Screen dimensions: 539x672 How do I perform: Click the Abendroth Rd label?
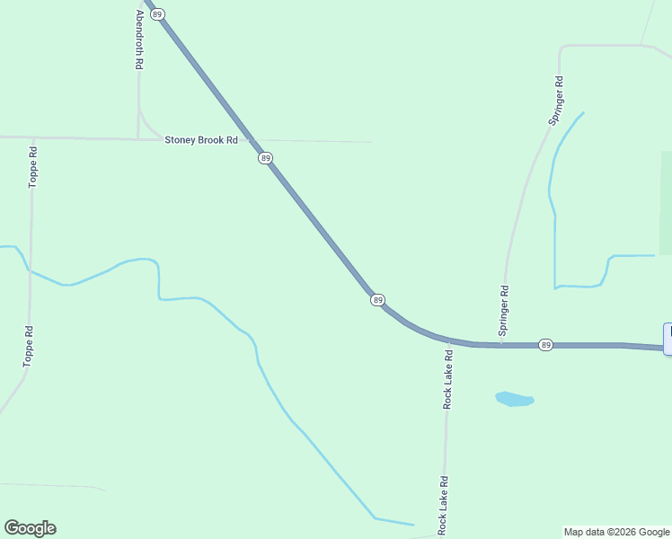point(139,40)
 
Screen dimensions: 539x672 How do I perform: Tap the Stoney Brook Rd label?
point(200,140)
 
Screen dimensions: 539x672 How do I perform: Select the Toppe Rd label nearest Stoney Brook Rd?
point(33,166)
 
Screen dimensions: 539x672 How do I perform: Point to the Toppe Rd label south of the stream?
point(29,346)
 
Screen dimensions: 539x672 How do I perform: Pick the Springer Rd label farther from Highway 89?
point(557,100)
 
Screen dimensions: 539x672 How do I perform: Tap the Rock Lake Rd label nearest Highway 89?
point(447,379)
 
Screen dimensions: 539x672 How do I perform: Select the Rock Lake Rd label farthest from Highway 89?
point(442,506)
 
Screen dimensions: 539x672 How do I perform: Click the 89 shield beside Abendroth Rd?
point(158,14)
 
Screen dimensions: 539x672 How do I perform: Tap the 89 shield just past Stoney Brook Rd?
point(265,158)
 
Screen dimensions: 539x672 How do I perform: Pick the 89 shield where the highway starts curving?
point(377,299)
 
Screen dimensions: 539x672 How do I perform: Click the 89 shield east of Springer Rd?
point(545,345)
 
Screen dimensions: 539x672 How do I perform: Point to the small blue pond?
point(514,398)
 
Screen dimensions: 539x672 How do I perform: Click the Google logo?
point(30,528)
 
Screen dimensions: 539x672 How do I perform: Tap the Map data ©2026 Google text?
point(616,532)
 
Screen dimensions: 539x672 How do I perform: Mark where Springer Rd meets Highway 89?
point(500,344)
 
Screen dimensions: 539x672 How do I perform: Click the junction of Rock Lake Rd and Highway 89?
point(447,339)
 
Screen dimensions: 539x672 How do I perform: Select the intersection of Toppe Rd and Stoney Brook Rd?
point(33,138)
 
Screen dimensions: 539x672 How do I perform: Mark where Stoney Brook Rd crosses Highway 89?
point(252,141)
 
